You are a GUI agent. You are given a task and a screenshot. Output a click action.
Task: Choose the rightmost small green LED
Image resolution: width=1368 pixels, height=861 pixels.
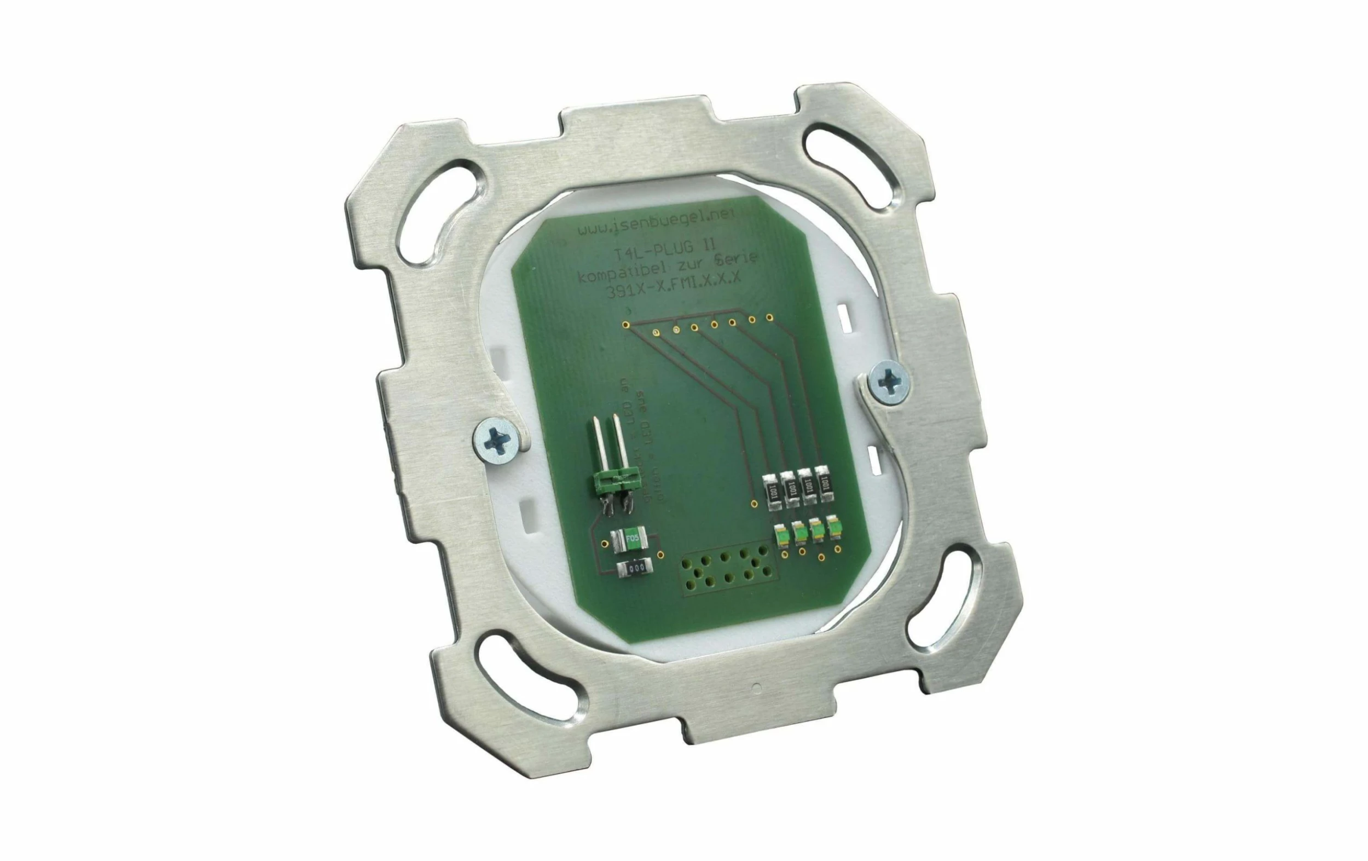click(833, 528)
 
